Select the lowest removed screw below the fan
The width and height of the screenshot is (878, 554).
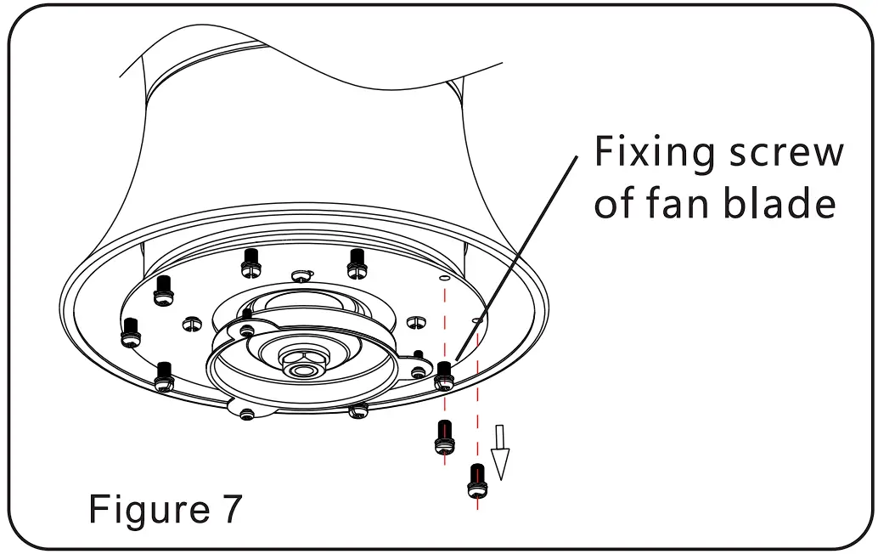coord(476,480)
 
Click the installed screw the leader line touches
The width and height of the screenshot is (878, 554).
coord(443,375)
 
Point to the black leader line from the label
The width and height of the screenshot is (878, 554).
coord(518,255)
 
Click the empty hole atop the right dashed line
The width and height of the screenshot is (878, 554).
coord(477,321)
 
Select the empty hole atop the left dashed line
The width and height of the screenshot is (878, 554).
coord(442,277)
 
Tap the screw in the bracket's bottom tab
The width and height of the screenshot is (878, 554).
coord(247,414)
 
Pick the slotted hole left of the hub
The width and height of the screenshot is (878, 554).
coord(192,323)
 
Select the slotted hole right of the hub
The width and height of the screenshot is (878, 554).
coord(414,322)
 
